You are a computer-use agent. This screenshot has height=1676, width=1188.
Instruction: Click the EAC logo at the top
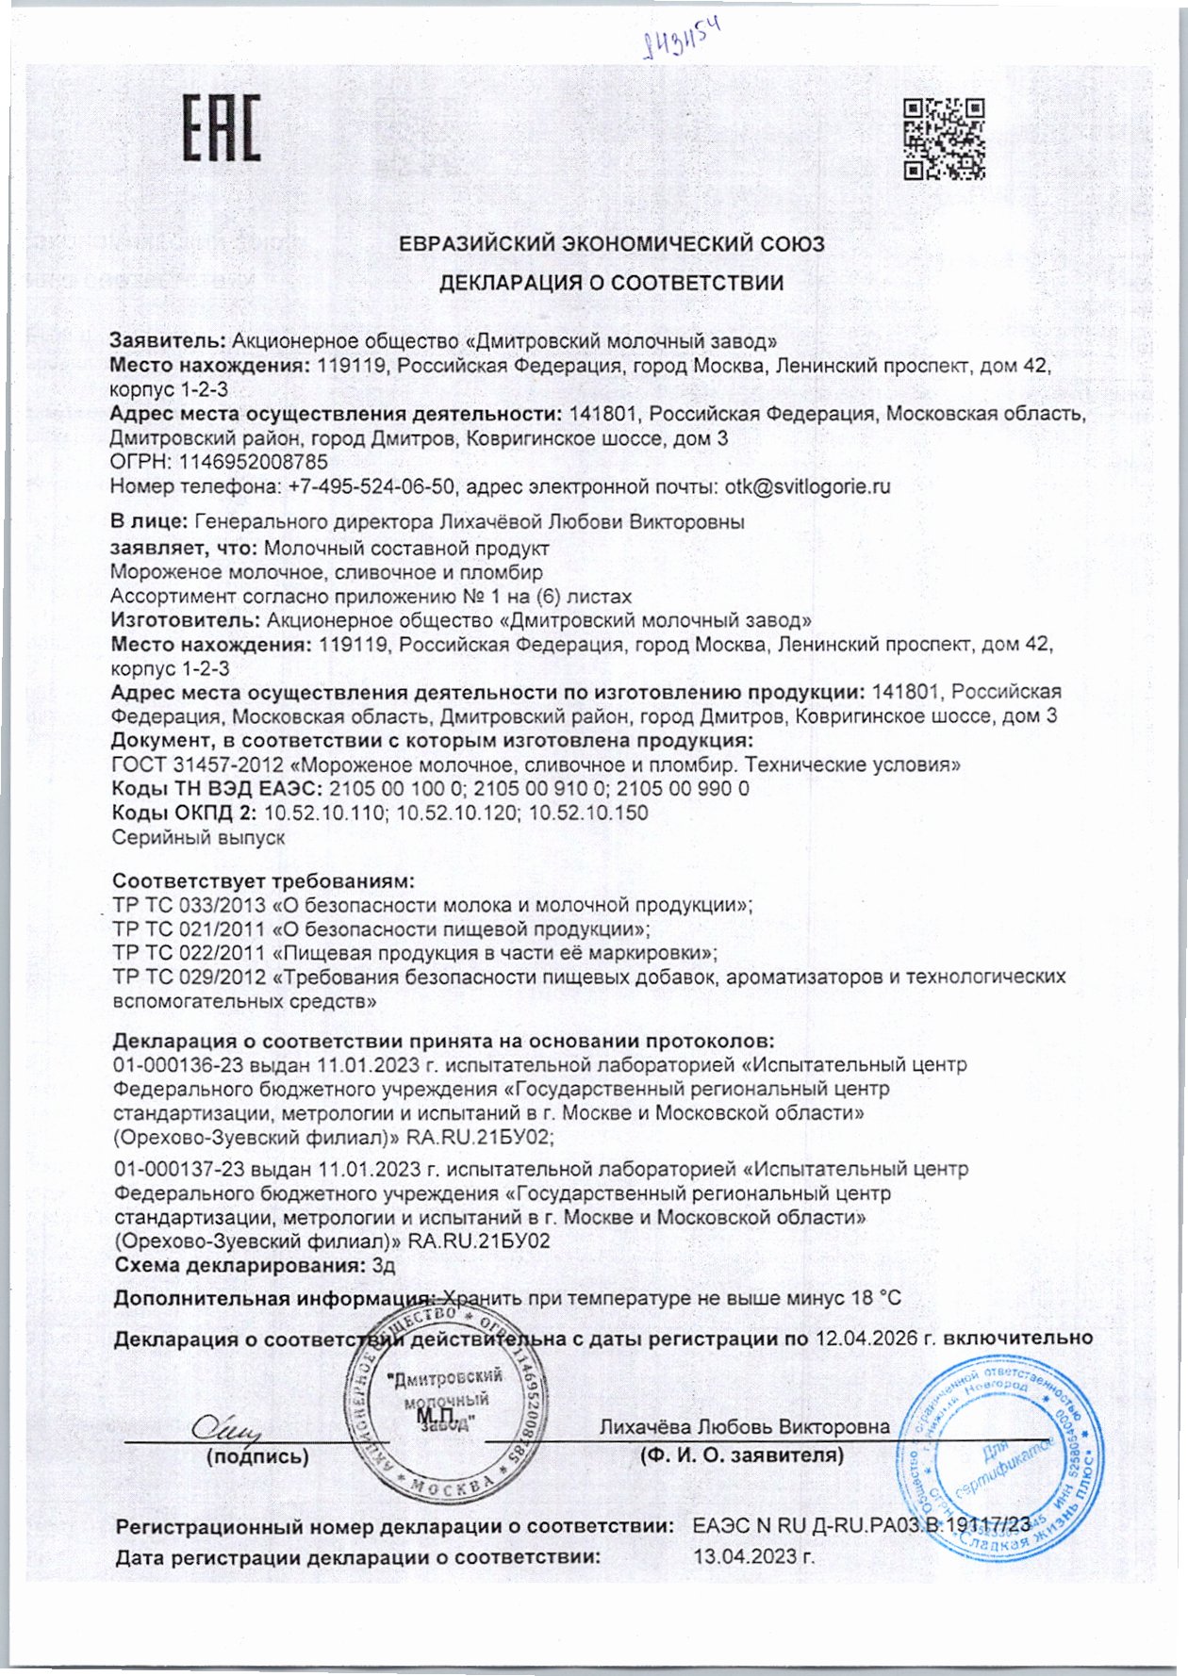coord(221,128)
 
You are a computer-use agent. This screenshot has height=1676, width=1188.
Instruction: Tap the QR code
coord(944,139)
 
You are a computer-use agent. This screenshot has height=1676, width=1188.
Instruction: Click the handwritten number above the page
coord(681,39)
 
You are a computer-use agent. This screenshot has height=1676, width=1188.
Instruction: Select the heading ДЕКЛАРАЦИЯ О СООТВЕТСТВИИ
coord(611,283)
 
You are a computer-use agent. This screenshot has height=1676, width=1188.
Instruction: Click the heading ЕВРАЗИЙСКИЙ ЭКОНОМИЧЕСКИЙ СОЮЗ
coord(611,244)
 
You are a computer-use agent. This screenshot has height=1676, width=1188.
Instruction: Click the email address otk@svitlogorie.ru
coord(807,486)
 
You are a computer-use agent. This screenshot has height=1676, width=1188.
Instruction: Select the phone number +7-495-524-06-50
coord(371,486)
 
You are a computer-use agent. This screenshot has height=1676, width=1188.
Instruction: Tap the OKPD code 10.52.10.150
coord(588,813)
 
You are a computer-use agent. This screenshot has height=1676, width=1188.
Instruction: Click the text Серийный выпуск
coord(198,838)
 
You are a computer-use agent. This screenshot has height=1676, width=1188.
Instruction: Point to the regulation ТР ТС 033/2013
coord(189,906)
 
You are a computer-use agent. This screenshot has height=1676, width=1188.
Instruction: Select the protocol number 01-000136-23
coord(178,1065)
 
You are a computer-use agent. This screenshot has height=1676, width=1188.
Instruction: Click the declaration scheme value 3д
coord(384,1266)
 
